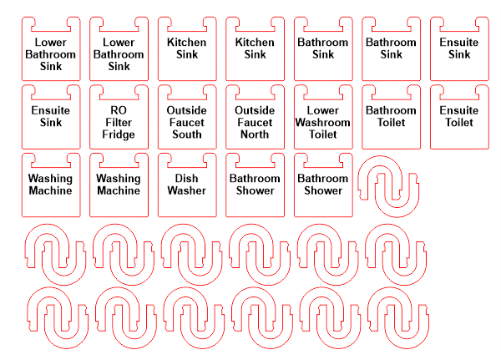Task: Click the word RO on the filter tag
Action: (x=119, y=110)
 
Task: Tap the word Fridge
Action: (x=119, y=134)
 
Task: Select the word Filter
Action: (x=119, y=122)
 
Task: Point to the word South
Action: (x=186, y=134)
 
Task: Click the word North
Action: (x=255, y=134)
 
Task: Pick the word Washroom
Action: (x=323, y=122)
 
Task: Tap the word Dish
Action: (x=186, y=178)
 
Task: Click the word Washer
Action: (x=186, y=190)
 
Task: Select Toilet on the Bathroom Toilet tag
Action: (x=391, y=122)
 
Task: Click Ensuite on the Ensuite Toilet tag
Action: (x=459, y=110)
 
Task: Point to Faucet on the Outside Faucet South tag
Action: (x=186, y=122)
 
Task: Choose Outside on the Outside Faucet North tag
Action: (x=255, y=110)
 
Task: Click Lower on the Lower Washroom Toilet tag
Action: (x=323, y=110)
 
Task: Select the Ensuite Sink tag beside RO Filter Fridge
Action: (x=50, y=117)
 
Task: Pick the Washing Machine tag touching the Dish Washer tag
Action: (x=119, y=185)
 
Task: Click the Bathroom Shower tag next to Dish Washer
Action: (x=255, y=185)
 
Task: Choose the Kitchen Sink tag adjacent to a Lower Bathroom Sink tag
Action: (x=186, y=48)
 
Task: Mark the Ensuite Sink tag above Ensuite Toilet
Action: (x=459, y=48)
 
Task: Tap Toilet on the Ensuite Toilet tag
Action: (x=459, y=122)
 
